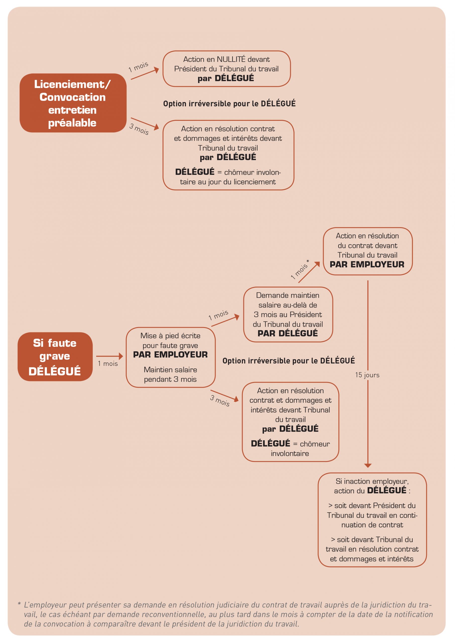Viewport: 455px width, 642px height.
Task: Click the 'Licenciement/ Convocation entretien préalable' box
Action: coord(73,103)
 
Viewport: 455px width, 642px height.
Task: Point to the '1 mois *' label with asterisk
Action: coord(300,269)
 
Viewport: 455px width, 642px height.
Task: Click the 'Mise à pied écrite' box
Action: coord(170,357)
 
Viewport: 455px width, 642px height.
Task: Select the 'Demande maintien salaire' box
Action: coord(288,314)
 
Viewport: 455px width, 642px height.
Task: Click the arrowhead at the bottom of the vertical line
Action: coord(368,466)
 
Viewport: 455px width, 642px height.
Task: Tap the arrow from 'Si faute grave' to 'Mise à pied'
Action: coord(109,356)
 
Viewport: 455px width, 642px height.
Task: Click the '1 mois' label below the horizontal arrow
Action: coord(108,364)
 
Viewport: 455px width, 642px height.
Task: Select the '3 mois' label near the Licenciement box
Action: coord(139,129)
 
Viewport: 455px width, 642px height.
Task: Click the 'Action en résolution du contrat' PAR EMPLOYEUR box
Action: coord(367,251)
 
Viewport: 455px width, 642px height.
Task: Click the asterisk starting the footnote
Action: coord(19,604)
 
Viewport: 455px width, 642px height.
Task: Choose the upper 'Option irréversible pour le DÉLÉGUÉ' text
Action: coord(229,104)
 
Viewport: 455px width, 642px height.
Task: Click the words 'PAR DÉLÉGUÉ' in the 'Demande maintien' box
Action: coord(288,333)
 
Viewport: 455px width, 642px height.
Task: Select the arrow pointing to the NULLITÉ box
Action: coord(145,74)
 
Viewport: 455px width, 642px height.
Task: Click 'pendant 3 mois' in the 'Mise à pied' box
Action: coord(170,379)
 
